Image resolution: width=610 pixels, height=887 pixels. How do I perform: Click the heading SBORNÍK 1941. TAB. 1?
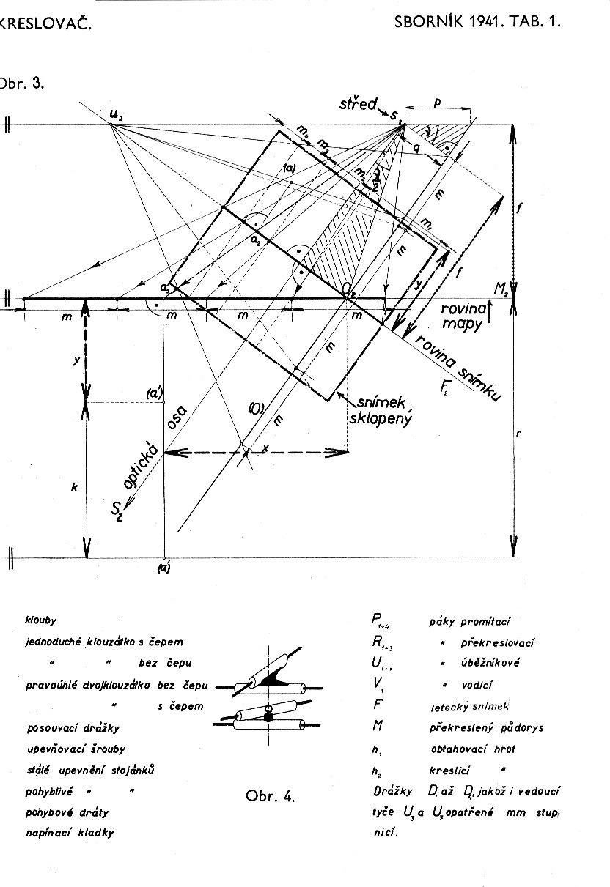[477, 21]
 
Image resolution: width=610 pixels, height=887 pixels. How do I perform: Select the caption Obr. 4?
[272, 796]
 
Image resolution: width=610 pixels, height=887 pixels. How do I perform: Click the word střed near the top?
[359, 104]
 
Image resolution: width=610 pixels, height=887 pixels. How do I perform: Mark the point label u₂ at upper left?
[115, 113]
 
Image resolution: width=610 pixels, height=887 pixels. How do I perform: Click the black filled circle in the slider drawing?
[269, 719]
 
